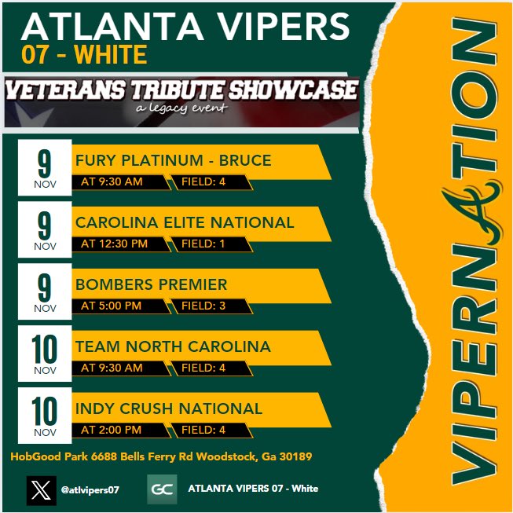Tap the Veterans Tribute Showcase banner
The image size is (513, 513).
pyautogui.click(x=181, y=97)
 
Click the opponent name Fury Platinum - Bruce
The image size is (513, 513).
pyautogui.click(x=173, y=161)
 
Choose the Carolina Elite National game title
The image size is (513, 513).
pyautogui.click(x=185, y=223)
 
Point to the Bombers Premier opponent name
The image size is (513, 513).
pyautogui.click(x=151, y=284)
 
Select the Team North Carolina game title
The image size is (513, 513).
pyautogui.click(x=173, y=346)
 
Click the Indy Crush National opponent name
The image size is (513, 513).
pyautogui.click(x=169, y=409)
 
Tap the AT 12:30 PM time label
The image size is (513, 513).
pyautogui.click(x=114, y=244)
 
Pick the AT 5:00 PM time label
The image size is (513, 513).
pyautogui.click(x=112, y=306)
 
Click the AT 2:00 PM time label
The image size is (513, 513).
pyautogui.click(x=112, y=430)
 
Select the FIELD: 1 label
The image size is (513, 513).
pyautogui.click(x=203, y=244)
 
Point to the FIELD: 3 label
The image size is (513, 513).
pyautogui.click(x=203, y=306)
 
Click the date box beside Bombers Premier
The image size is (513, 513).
pyautogui.click(x=45, y=291)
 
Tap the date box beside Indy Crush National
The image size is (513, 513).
pyautogui.click(x=45, y=416)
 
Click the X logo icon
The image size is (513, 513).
pyautogui.click(x=41, y=489)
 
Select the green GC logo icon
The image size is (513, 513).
pyautogui.click(x=162, y=489)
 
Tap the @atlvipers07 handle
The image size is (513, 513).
pyautogui.click(x=90, y=489)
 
